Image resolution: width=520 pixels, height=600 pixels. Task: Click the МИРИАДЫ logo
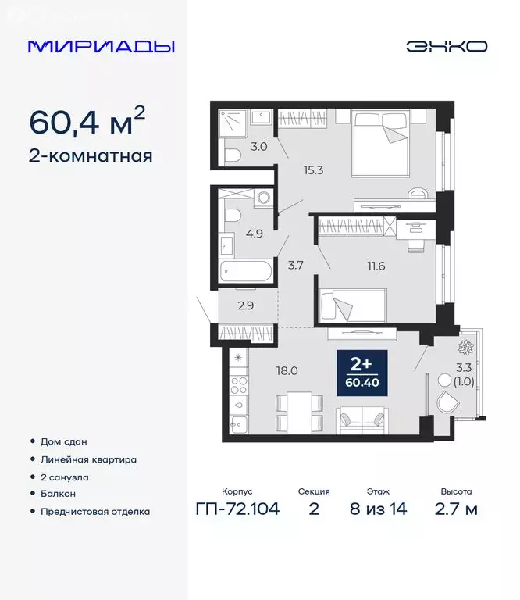[x=101, y=46]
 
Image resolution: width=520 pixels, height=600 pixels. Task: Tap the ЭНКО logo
[x=446, y=46]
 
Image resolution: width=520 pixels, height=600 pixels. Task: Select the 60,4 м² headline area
[x=87, y=122]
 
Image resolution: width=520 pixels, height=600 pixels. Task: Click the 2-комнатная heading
[x=91, y=155]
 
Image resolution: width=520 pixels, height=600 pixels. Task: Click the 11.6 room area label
[x=365, y=266]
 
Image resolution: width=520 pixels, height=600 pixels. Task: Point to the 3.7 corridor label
[x=295, y=266]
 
